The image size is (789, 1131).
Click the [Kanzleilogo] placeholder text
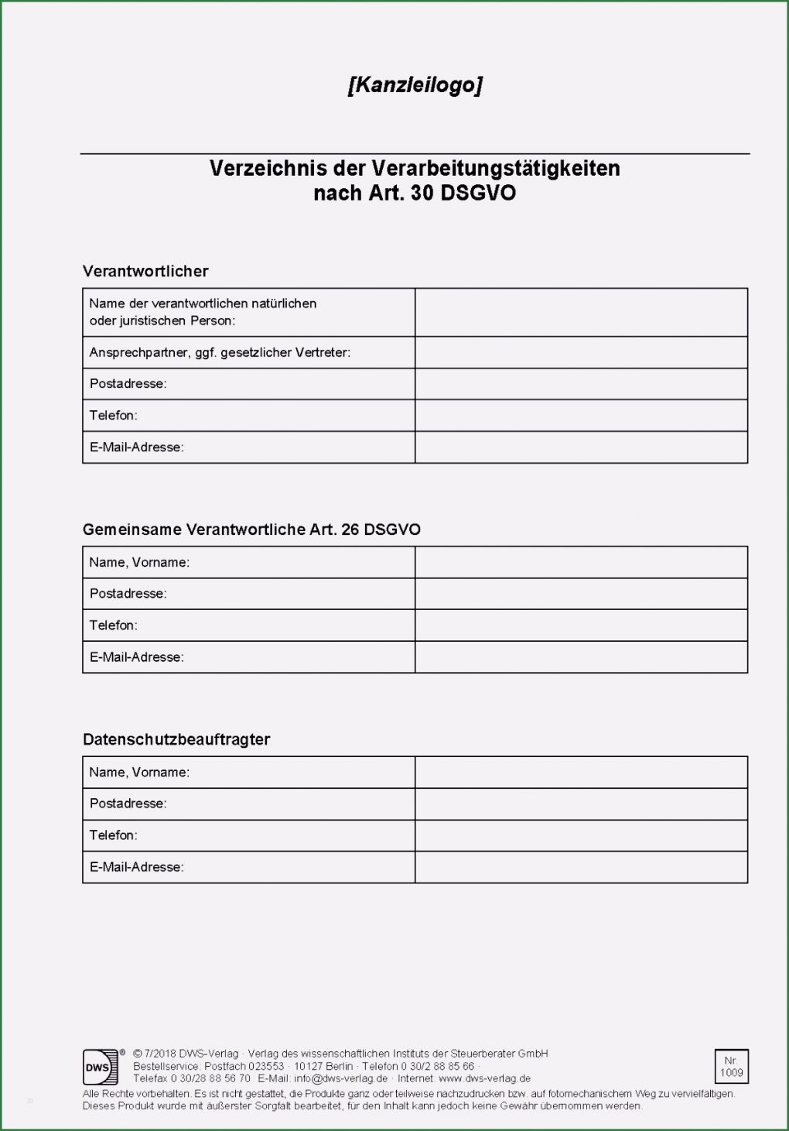415,84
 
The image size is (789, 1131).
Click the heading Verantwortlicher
145,271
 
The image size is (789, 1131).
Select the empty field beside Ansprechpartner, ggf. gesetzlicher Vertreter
581,352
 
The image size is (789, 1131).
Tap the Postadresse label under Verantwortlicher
128,384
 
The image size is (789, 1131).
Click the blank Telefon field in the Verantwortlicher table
581,416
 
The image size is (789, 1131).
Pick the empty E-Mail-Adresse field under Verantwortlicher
581,447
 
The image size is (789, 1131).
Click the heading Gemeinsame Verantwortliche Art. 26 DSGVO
251,530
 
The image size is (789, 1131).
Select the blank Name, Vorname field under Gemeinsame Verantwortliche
581,562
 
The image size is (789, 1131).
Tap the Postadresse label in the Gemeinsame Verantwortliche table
128,594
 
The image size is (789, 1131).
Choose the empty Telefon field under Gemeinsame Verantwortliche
581,625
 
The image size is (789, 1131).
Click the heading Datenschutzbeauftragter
176,739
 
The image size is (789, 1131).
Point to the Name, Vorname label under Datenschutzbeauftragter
139,773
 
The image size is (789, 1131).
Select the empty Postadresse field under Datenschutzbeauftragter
581,804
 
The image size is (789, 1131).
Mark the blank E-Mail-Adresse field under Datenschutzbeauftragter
581,867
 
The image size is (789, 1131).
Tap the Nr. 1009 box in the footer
731,1067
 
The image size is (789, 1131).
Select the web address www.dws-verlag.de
484,1078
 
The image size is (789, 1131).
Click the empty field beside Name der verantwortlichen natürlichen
581,312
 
